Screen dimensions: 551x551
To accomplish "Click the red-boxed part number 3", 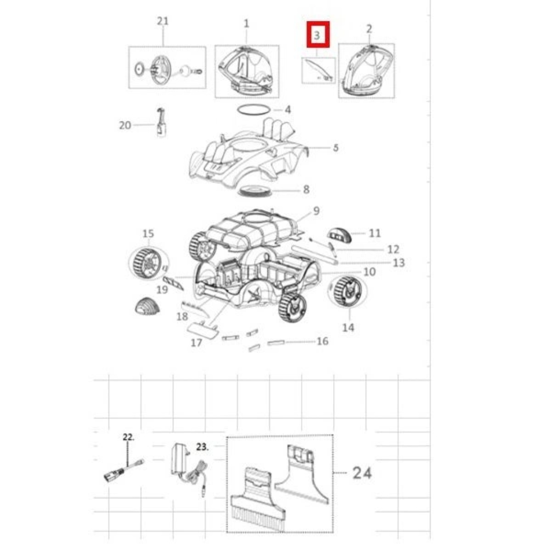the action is click(x=317, y=35).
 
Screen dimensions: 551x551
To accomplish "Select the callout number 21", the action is click(x=162, y=21).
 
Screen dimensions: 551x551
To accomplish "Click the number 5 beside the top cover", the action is click(x=336, y=148).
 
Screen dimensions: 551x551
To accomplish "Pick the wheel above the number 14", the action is click(x=347, y=291).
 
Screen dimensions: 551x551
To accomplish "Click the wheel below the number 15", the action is click(x=147, y=263).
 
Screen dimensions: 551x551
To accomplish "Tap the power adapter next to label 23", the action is click(x=180, y=460).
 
